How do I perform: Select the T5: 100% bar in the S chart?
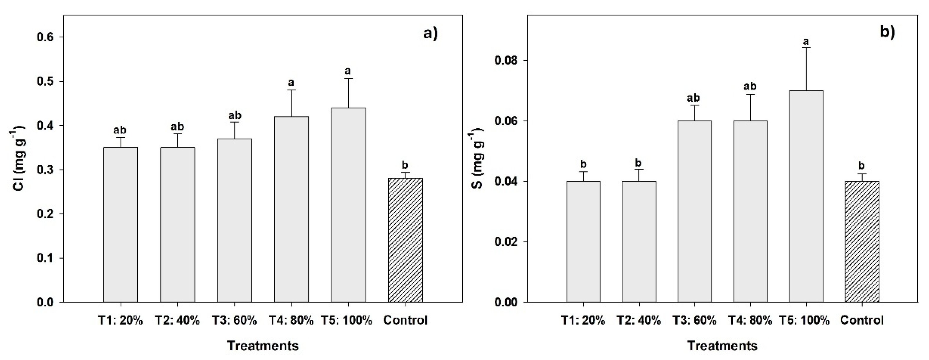point(806,196)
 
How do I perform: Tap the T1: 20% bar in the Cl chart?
point(121,224)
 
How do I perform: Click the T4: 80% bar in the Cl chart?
point(291,209)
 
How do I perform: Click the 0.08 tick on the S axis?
point(507,60)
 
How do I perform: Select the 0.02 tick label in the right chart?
point(507,242)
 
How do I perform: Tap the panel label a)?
point(430,34)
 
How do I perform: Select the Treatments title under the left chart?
point(263,346)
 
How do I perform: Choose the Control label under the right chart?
point(862,320)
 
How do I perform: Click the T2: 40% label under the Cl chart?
point(177,320)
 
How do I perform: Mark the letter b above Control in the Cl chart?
point(405,165)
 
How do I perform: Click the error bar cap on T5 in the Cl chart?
point(348,78)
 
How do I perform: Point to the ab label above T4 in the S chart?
point(750,86)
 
